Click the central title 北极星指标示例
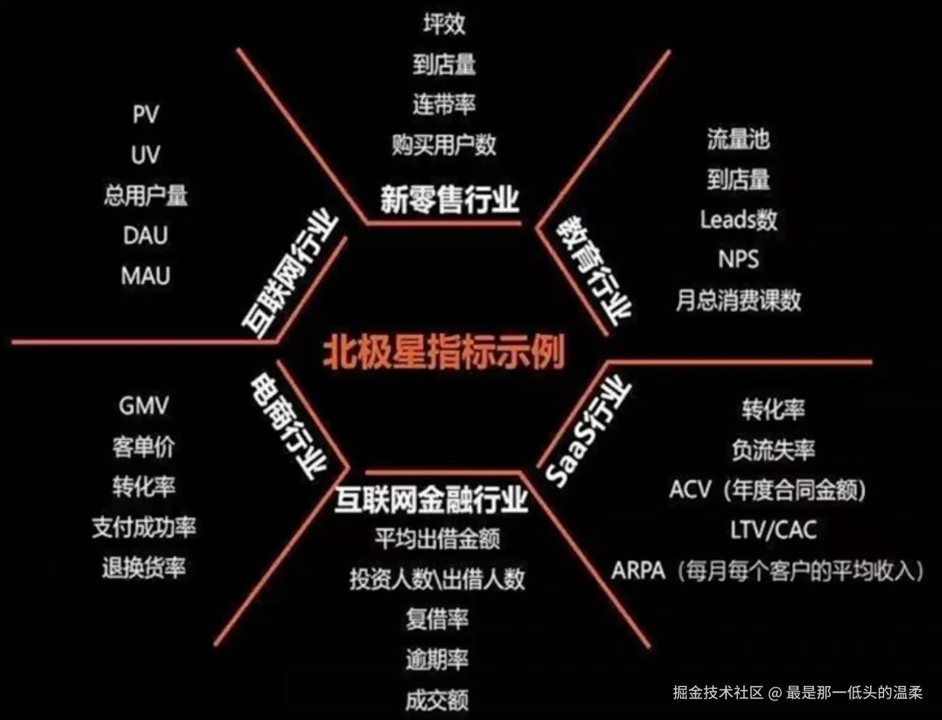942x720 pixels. coord(444,351)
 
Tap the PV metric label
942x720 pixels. coord(146,114)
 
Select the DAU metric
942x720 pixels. coord(146,235)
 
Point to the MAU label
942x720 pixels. coord(146,275)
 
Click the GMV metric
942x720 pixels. coord(144,406)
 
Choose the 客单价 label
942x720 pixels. coord(144,446)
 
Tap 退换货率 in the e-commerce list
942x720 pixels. coord(144,568)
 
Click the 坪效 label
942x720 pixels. coord(444,24)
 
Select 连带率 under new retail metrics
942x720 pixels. coord(444,104)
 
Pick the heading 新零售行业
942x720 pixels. coord(450,199)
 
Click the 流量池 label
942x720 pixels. coord(738,139)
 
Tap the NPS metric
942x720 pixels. coord(738,259)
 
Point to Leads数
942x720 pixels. coord(738,219)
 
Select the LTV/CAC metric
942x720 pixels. coord(773,530)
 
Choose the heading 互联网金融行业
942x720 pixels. coord(431,499)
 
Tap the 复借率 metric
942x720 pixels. coord(437,619)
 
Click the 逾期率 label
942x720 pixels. coord(437,659)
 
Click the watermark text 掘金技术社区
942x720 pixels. coord(718,693)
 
